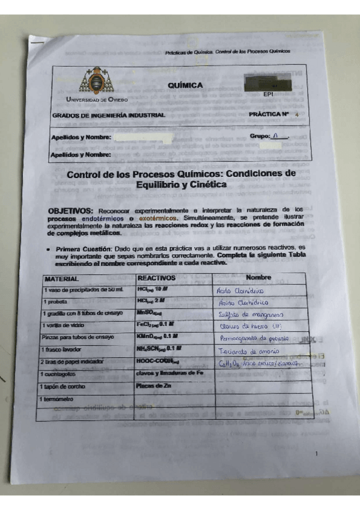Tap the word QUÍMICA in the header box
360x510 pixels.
185,85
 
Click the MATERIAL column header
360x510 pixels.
62,279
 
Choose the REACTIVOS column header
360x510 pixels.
156,278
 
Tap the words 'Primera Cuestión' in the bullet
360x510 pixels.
83,248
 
